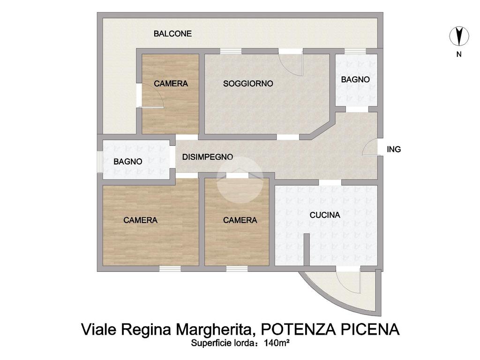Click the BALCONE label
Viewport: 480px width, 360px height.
[x=172, y=34]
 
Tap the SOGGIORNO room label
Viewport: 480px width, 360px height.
[x=248, y=83]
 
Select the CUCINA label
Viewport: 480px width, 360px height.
[x=325, y=215]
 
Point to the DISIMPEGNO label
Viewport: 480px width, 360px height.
[x=208, y=157]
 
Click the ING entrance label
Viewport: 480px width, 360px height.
[x=394, y=150]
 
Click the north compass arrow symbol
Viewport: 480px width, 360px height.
[x=459, y=36]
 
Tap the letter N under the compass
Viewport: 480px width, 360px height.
[x=459, y=54]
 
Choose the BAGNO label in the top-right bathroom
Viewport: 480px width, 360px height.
[x=355, y=80]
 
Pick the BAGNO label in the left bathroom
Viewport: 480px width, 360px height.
[x=127, y=162]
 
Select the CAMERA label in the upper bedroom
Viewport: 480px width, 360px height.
[x=171, y=83]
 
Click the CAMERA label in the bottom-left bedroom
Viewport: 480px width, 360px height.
[x=141, y=220]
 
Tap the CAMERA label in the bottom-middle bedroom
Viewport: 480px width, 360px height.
[x=240, y=220]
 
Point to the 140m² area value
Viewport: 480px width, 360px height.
[x=277, y=343]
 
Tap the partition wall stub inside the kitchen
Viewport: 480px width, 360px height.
[x=307, y=250]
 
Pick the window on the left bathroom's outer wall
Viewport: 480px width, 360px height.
[x=99, y=162]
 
